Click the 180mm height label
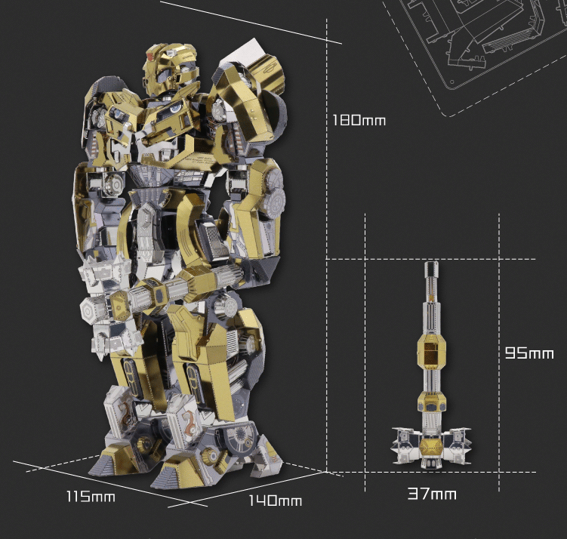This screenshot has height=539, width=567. pos(359,120)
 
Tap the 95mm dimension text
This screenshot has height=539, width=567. pos(529,353)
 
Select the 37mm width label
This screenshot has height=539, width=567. pos(432,494)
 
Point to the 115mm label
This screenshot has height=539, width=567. pos(91,496)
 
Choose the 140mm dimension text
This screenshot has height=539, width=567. pos(275,500)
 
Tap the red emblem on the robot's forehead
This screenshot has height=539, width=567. pos(150,57)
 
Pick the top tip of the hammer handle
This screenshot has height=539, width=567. pos(431,262)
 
